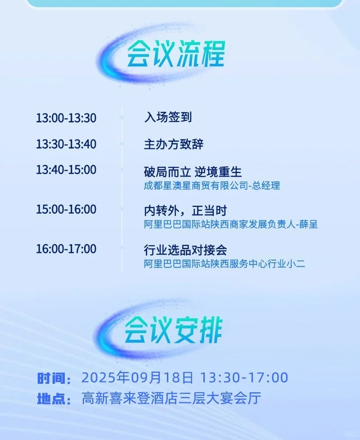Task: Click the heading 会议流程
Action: (175, 55)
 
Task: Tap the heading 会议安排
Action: (173, 330)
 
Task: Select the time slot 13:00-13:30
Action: (66, 118)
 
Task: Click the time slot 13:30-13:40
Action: (66, 144)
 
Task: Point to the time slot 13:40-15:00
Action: (66, 170)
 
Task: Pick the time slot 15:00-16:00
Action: (66, 210)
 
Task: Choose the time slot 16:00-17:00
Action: (66, 249)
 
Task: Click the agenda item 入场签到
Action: (168, 117)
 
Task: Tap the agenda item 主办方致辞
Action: (174, 144)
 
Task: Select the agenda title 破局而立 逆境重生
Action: (193, 171)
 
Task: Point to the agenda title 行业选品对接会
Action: (185, 250)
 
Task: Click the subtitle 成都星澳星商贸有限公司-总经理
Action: (212, 185)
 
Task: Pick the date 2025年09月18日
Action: (137, 377)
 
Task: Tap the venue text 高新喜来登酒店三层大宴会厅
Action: (171, 398)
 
